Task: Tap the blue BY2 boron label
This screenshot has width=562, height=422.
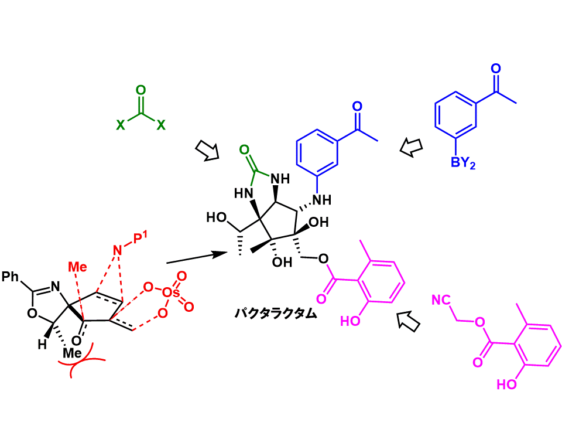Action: click(463, 164)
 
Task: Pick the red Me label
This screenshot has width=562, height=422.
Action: click(78, 267)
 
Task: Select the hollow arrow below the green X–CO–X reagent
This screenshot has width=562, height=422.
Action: click(207, 151)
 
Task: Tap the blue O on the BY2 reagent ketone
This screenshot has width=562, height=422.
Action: click(496, 69)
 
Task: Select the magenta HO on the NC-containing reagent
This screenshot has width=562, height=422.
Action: click(507, 384)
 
